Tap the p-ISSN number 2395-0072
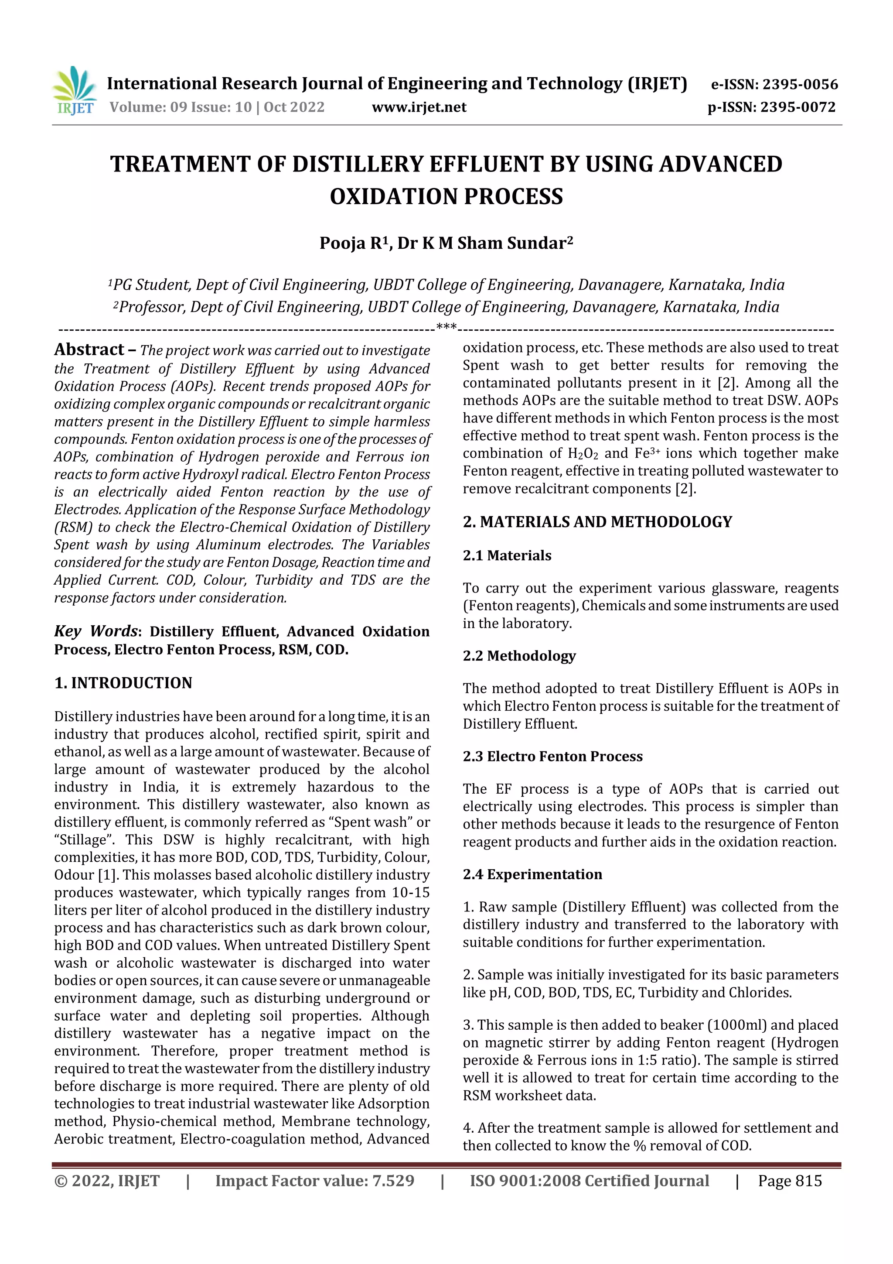(798, 107)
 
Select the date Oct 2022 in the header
(294, 107)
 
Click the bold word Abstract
(89, 349)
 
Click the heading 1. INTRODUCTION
(123, 683)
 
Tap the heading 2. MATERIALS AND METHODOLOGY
(597, 521)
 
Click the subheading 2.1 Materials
(507, 555)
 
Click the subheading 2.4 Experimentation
(532, 874)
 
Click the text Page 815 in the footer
(790, 1180)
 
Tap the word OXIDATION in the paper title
(385, 196)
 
